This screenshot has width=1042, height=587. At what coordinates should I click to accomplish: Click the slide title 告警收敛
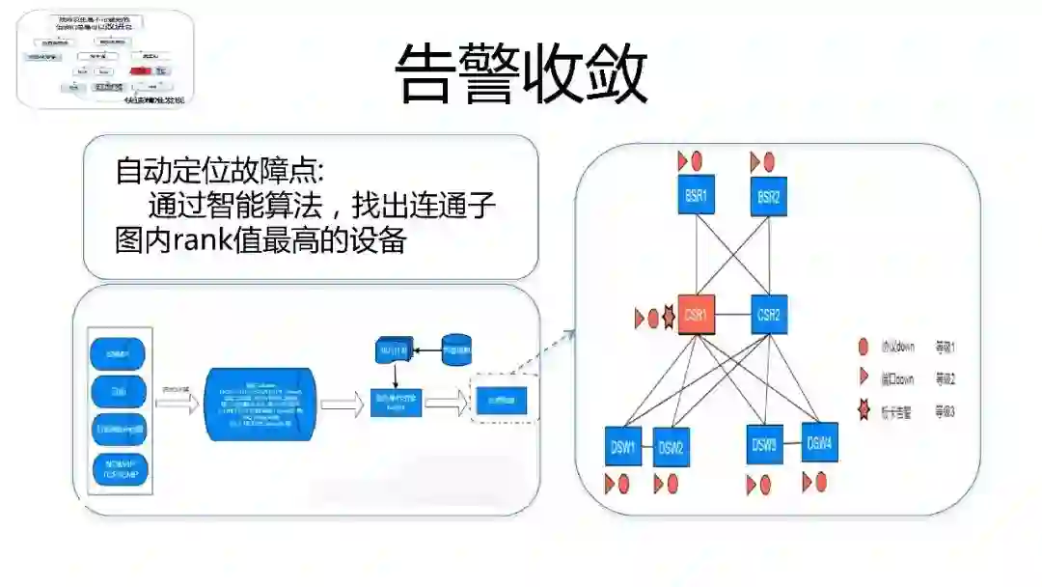(x=522, y=73)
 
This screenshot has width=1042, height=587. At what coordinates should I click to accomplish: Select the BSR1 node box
(x=696, y=197)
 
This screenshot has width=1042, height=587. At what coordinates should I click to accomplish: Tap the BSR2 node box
(x=768, y=197)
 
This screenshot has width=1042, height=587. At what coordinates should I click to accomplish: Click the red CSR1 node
(x=696, y=315)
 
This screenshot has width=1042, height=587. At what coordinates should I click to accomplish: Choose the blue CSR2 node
(x=769, y=315)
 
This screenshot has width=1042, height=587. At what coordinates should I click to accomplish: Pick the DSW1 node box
(x=623, y=446)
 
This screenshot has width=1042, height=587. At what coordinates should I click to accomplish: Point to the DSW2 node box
(x=672, y=448)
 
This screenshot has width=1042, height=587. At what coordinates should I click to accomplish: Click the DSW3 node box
(x=764, y=446)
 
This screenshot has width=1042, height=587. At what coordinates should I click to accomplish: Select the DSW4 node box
(x=819, y=444)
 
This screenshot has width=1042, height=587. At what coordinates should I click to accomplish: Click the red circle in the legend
(x=864, y=347)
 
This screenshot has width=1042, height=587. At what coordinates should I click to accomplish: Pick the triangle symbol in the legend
(x=864, y=378)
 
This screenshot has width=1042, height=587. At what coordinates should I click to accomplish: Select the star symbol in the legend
(x=864, y=411)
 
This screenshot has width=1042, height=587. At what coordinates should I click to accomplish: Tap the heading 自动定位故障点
(x=221, y=171)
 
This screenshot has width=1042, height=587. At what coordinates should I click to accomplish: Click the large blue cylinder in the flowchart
(x=260, y=404)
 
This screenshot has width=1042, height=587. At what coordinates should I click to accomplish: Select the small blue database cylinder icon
(x=455, y=349)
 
